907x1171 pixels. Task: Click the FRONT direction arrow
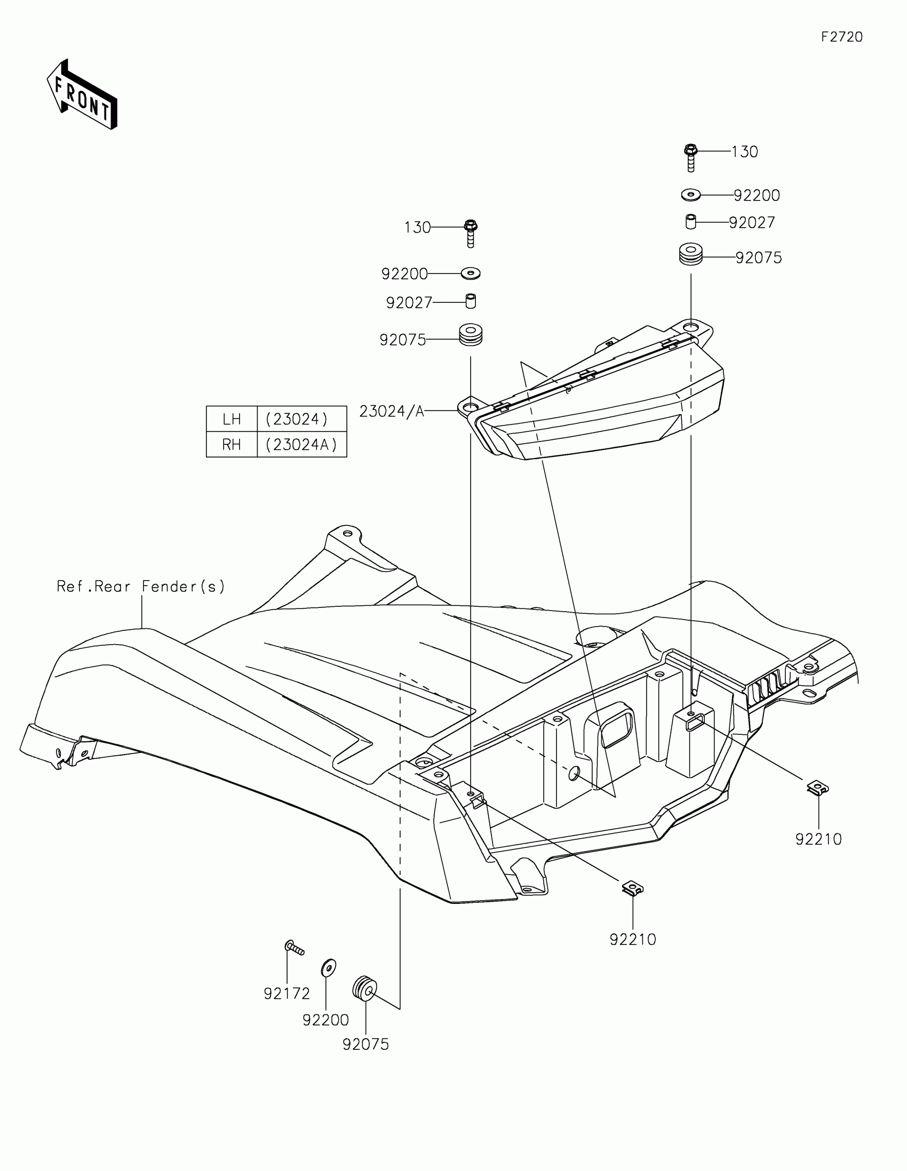(x=82, y=94)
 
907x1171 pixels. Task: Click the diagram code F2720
(x=841, y=37)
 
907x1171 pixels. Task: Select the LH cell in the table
(x=232, y=419)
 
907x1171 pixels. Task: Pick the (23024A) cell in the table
(x=301, y=445)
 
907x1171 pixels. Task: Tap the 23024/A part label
(x=392, y=411)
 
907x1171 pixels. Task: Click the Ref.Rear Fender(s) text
(x=140, y=587)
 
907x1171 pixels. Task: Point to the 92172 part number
(x=287, y=993)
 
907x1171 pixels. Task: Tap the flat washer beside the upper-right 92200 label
(x=691, y=195)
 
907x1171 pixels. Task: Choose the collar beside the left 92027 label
(x=471, y=301)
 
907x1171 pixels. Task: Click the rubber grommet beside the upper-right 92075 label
(x=691, y=254)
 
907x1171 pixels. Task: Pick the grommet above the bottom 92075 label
(x=365, y=988)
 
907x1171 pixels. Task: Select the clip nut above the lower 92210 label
(x=633, y=888)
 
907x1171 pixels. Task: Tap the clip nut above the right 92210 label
(x=817, y=788)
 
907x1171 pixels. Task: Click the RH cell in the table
(x=232, y=445)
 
